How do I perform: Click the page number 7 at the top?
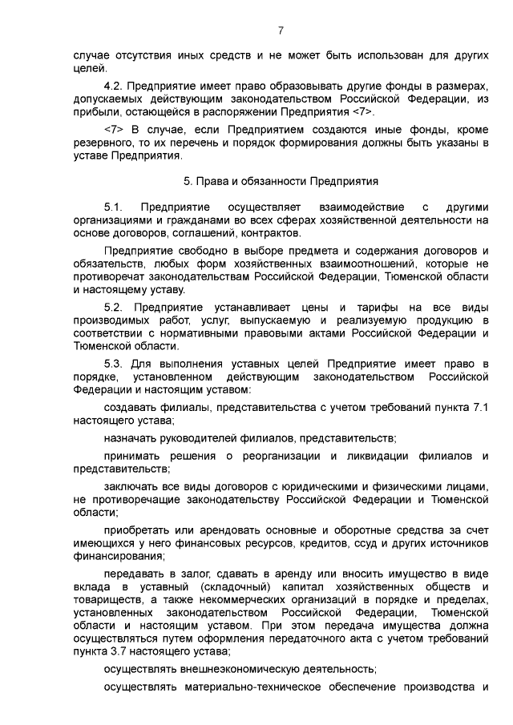tap(281, 31)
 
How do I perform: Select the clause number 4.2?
tap(113, 86)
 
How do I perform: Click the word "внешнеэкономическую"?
tap(237, 668)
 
